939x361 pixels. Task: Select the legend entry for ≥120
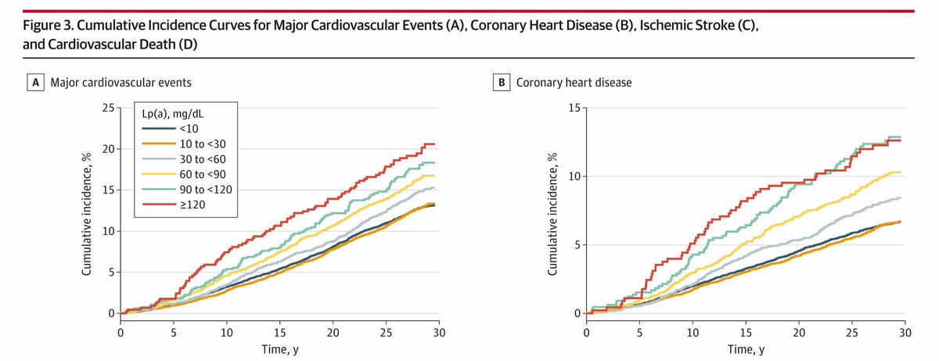[174, 204]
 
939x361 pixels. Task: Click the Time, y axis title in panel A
[279, 350]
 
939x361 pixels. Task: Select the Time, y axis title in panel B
[745, 350]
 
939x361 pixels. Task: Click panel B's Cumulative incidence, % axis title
[552, 211]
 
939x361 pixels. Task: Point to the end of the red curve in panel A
[435, 144]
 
